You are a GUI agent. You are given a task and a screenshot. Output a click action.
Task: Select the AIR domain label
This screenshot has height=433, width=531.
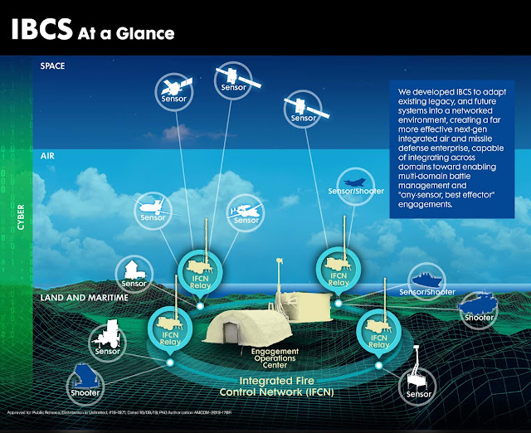[47, 155]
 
